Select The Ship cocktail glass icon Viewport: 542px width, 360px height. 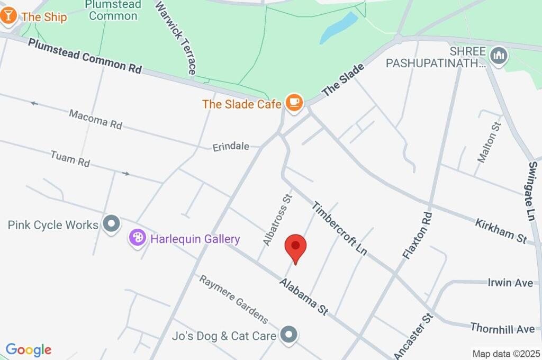click(x=8, y=16)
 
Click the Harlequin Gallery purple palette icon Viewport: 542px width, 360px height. click(x=137, y=238)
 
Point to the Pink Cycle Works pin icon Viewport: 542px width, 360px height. click(x=112, y=224)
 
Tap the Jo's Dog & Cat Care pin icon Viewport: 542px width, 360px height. click(x=289, y=335)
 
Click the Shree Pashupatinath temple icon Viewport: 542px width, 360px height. click(x=499, y=55)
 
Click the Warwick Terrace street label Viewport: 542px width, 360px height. click(x=176, y=37)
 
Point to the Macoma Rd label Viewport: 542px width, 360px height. click(x=96, y=119)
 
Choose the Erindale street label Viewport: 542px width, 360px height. click(x=231, y=146)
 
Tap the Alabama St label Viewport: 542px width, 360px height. click(x=304, y=297)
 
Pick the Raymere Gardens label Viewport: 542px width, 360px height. click(x=233, y=299)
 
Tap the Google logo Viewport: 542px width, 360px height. click(x=29, y=349)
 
